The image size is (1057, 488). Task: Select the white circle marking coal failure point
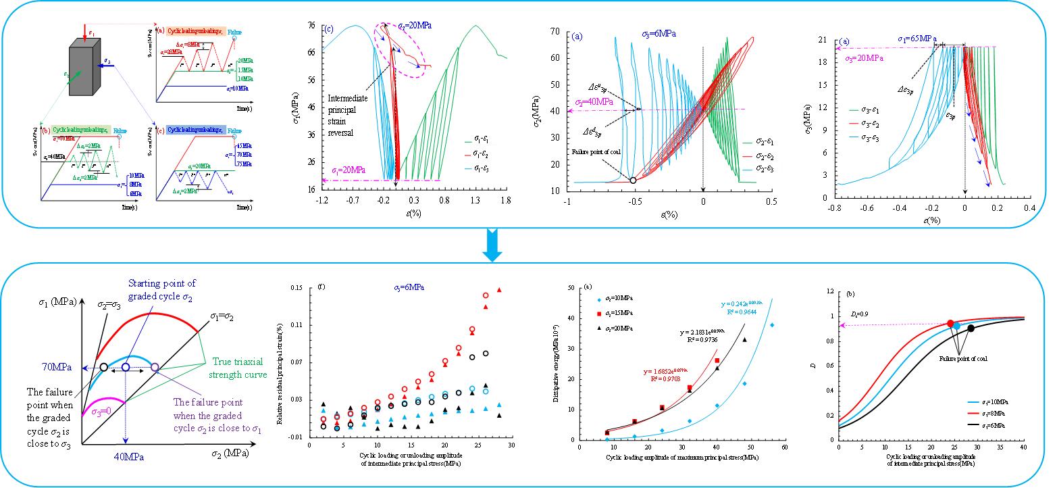[x=633, y=180]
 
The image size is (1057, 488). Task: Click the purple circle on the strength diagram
[x=155, y=367]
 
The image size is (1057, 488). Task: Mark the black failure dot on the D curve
[x=971, y=328]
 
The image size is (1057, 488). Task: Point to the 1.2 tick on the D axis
[x=830, y=290]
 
